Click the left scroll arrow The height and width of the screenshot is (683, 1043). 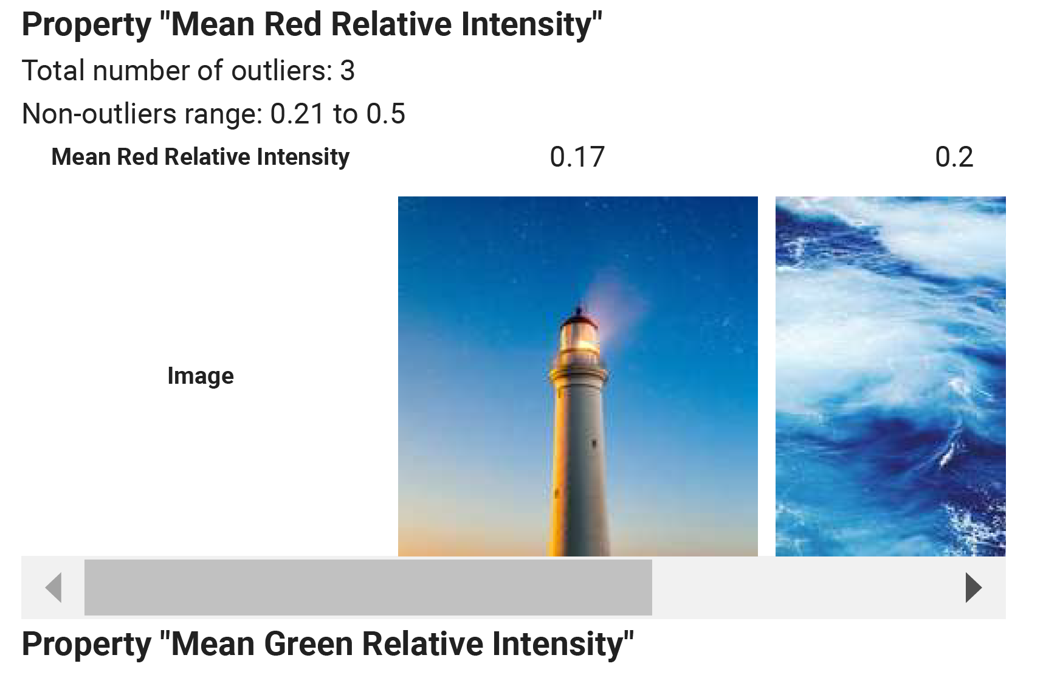[54, 588]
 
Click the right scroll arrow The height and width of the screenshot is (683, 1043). [974, 588]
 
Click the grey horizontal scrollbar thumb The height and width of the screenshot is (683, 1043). [368, 588]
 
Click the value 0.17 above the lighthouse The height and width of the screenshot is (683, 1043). [577, 157]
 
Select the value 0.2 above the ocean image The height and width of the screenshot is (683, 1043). [954, 157]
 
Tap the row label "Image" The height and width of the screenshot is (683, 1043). [201, 376]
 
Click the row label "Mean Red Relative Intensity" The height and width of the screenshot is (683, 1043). [201, 157]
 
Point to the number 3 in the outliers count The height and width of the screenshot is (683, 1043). [348, 71]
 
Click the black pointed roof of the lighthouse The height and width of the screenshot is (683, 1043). [579, 315]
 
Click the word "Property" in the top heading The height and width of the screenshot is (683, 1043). [86, 26]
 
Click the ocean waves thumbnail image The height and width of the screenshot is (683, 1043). [890, 376]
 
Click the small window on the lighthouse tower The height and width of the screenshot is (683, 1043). [594, 443]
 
